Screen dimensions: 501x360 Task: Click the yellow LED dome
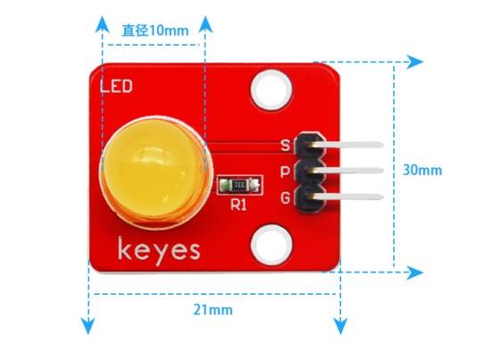click(155, 172)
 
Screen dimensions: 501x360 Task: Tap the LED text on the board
click(116, 87)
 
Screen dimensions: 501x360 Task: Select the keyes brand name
click(159, 251)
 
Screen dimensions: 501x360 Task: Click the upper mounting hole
click(271, 89)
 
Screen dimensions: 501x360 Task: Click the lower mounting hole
click(271, 246)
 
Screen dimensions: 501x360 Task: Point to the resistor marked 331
click(240, 185)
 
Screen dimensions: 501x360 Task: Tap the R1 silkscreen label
click(238, 205)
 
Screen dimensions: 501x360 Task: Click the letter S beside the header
click(285, 145)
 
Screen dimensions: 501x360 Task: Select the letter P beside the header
click(285, 172)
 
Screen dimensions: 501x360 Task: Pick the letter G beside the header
click(285, 197)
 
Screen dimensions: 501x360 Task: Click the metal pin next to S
click(346, 145)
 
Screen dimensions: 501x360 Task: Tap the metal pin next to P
click(346, 171)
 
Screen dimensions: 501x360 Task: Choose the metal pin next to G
click(346, 197)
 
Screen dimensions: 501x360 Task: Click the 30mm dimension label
click(422, 170)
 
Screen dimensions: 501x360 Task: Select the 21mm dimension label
click(213, 310)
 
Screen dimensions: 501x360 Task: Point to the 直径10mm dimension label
click(155, 30)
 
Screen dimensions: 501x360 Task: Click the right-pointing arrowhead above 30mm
click(414, 62)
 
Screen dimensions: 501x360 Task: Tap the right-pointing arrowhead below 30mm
click(414, 272)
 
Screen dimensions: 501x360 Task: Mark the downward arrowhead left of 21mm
click(88, 326)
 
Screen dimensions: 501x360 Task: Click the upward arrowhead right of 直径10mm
click(205, 24)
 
